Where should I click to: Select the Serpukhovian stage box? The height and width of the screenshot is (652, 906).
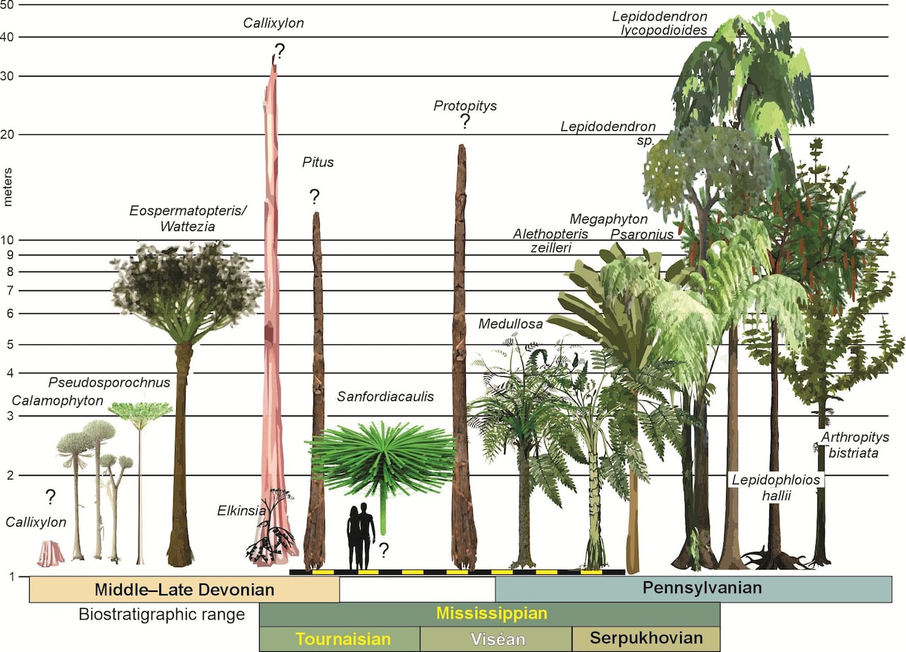[646, 639]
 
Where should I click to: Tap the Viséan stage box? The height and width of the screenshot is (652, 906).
[495, 639]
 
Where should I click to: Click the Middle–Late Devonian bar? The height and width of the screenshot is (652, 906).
[184, 589]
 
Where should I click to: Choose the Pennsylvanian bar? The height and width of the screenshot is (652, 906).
[692, 588]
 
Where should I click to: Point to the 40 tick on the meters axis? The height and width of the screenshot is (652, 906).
[11, 37]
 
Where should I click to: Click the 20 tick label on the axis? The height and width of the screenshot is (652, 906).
[11, 134]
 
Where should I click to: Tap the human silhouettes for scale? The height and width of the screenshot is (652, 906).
[360, 536]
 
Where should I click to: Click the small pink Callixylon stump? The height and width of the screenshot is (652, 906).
[50, 553]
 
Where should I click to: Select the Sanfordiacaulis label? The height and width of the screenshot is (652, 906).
[385, 397]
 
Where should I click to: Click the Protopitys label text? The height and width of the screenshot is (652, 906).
[465, 106]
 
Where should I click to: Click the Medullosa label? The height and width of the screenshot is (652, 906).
[510, 324]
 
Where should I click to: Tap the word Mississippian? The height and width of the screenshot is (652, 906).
[491, 612]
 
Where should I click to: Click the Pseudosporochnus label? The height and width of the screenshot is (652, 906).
[109, 383]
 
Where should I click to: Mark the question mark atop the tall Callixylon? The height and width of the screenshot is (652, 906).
[280, 51]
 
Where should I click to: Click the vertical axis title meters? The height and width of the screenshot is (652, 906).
[8, 187]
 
